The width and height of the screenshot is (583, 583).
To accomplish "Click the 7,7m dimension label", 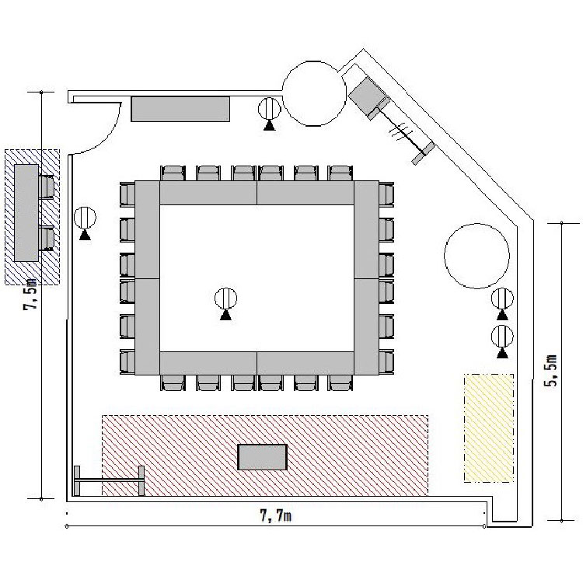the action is click(x=275, y=516).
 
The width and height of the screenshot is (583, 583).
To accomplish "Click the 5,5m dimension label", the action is click(x=551, y=371).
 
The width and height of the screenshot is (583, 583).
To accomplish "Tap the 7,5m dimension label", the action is click(x=30, y=294).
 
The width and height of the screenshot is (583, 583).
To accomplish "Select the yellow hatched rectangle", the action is click(x=489, y=428).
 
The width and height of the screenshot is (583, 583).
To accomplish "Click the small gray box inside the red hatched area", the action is click(x=263, y=457).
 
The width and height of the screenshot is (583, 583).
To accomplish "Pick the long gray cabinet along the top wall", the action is click(x=180, y=109).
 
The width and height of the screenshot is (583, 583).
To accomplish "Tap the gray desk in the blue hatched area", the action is click(x=26, y=213).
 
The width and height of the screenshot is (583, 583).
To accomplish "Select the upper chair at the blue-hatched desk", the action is click(x=46, y=187).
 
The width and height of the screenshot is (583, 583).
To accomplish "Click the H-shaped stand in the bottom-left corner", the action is click(x=109, y=480).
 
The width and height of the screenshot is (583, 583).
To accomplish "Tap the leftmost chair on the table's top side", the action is click(x=173, y=173).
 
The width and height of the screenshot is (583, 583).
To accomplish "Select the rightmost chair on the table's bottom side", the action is click(x=340, y=382).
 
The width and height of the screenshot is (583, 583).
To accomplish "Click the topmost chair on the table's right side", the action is click(x=386, y=194).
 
